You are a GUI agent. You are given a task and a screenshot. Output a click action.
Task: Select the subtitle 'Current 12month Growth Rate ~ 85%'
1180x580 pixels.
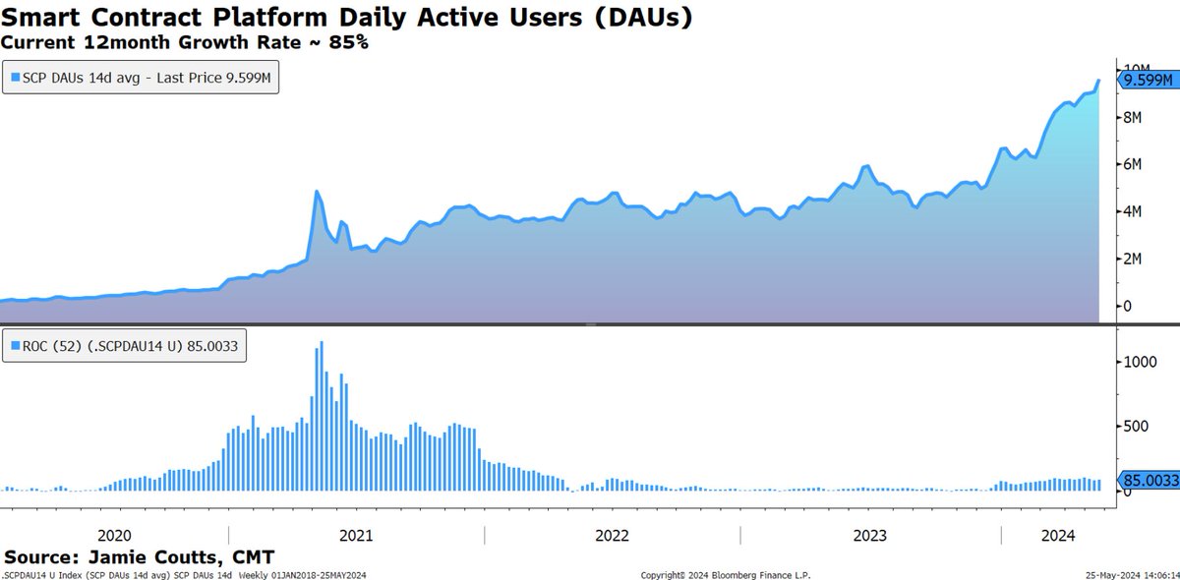point(185,42)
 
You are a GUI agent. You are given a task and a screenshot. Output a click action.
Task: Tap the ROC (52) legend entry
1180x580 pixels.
point(128,346)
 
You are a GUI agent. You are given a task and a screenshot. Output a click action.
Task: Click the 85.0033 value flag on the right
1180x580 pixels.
point(1148,481)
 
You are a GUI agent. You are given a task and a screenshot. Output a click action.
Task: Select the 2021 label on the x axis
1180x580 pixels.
point(356,536)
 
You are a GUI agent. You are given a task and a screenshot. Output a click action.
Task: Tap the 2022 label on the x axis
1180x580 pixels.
point(612,536)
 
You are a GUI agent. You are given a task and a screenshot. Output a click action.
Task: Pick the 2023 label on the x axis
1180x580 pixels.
point(869,536)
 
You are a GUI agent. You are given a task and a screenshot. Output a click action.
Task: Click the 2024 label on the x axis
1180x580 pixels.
point(1058,536)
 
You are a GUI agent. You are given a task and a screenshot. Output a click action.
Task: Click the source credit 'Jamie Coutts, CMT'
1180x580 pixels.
point(140,557)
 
